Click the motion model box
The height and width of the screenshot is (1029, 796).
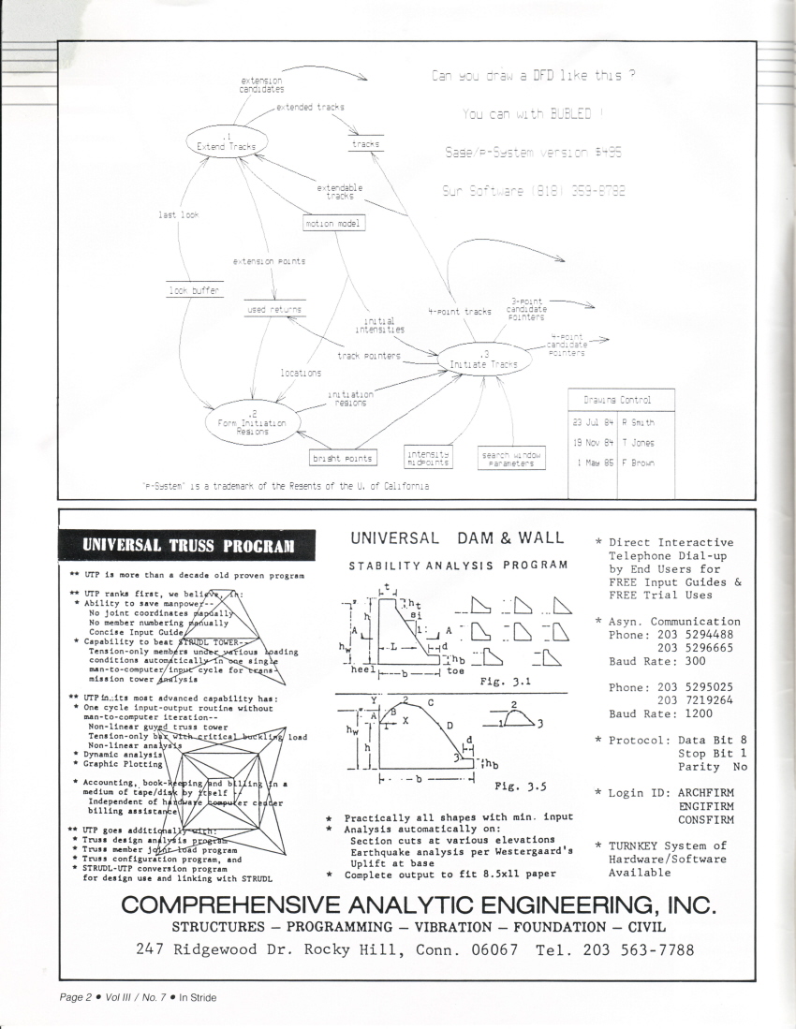pyautogui.click(x=333, y=223)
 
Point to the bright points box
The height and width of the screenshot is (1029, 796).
pyautogui.click(x=342, y=458)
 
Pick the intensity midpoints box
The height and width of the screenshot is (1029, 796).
pyautogui.click(x=428, y=458)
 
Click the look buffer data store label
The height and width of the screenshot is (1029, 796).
pyautogui.click(x=194, y=292)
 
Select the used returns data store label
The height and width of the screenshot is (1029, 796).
pyautogui.click(x=273, y=308)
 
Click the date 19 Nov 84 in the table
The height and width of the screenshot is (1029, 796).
pyautogui.click(x=592, y=442)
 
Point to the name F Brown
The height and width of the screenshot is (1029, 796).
pyautogui.click(x=637, y=463)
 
